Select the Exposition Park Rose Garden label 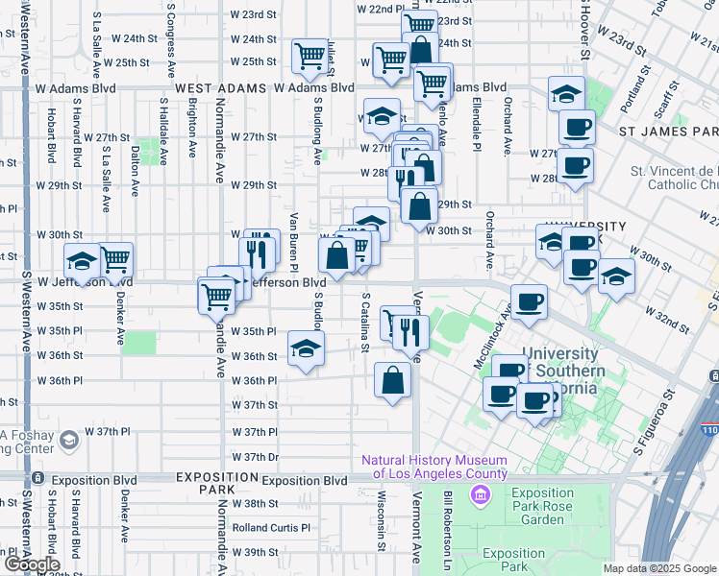pyautogui.click(x=543, y=513)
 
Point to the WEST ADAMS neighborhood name pyautogui.click(x=220, y=87)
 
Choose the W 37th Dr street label pyautogui.click(x=254, y=457)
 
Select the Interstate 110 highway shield pyautogui.click(x=709, y=405)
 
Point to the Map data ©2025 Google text pyautogui.click(x=659, y=568)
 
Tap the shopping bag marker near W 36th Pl pyautogui.click(x=393, y=381)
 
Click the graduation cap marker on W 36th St pyautogui.click(x=306, y=348)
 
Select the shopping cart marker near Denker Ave pyautogui.click(x=115, y=258)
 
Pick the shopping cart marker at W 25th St pyautogui.click(x=310, y=56)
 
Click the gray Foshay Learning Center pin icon pyautogui.click(x=67, y=441)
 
